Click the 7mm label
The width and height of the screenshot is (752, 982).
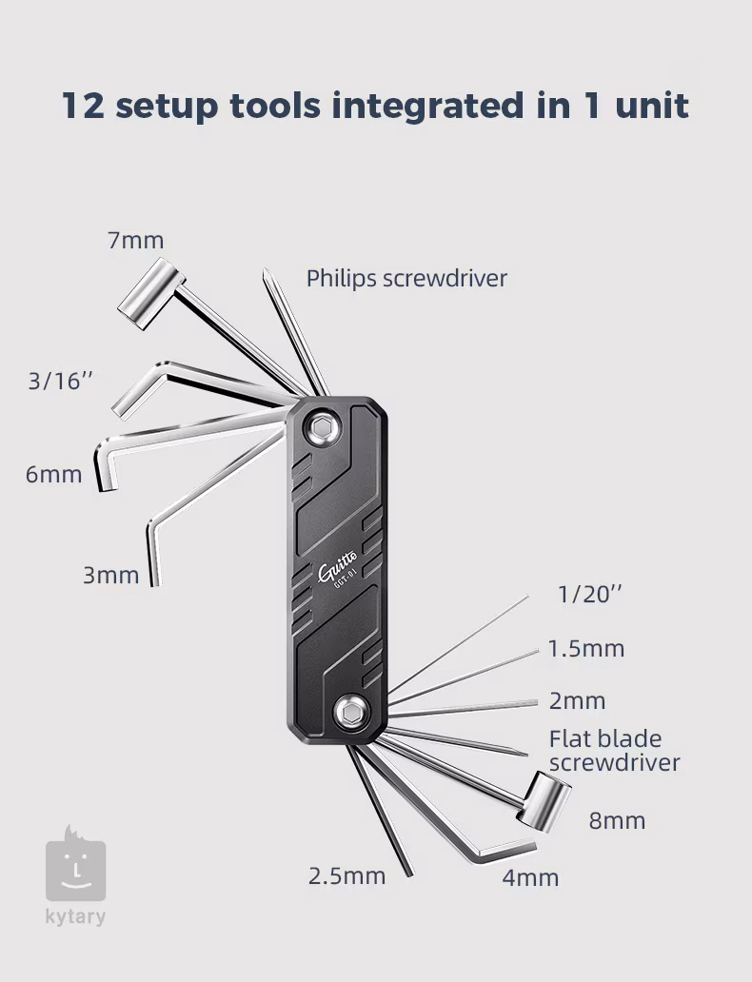coord(136,241)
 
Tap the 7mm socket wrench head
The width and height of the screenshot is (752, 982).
coord(150,293)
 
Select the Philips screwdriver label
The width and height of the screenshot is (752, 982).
coord(406,279)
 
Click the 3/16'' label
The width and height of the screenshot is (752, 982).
coord(60,381)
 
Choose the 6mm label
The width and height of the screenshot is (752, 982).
coord(54,475)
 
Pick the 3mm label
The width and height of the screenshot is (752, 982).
coord(111,576)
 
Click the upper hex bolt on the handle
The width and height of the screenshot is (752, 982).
coord(322,428)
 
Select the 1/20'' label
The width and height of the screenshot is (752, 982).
coord(589,595)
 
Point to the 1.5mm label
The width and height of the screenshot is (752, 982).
coord(586,649)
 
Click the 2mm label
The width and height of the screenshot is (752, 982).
coord(577,700)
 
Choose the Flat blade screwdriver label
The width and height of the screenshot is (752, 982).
coord(615,750)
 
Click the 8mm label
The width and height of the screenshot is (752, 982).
coord(617,821)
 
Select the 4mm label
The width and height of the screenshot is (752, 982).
coord(530,878)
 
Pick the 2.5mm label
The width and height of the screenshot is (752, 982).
coord(347,876)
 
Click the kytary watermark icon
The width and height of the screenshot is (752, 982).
coord(75,864)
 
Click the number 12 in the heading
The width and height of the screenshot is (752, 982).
coord(84,106)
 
